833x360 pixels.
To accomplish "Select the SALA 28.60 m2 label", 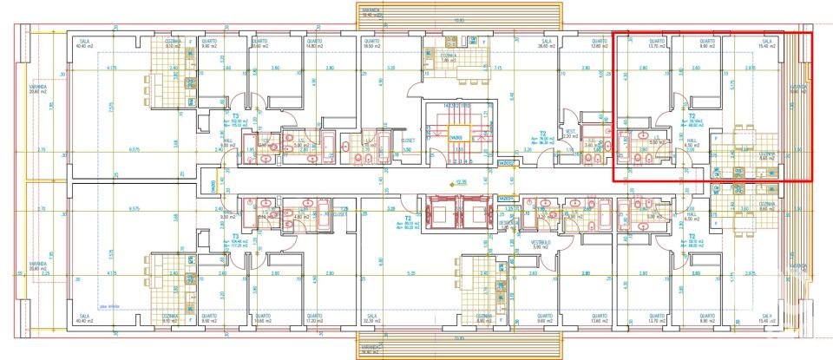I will [x=548, y=43].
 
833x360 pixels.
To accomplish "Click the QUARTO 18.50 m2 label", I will [x=371, y=43].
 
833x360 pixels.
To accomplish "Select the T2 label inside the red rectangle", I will [x=692, y=115].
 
